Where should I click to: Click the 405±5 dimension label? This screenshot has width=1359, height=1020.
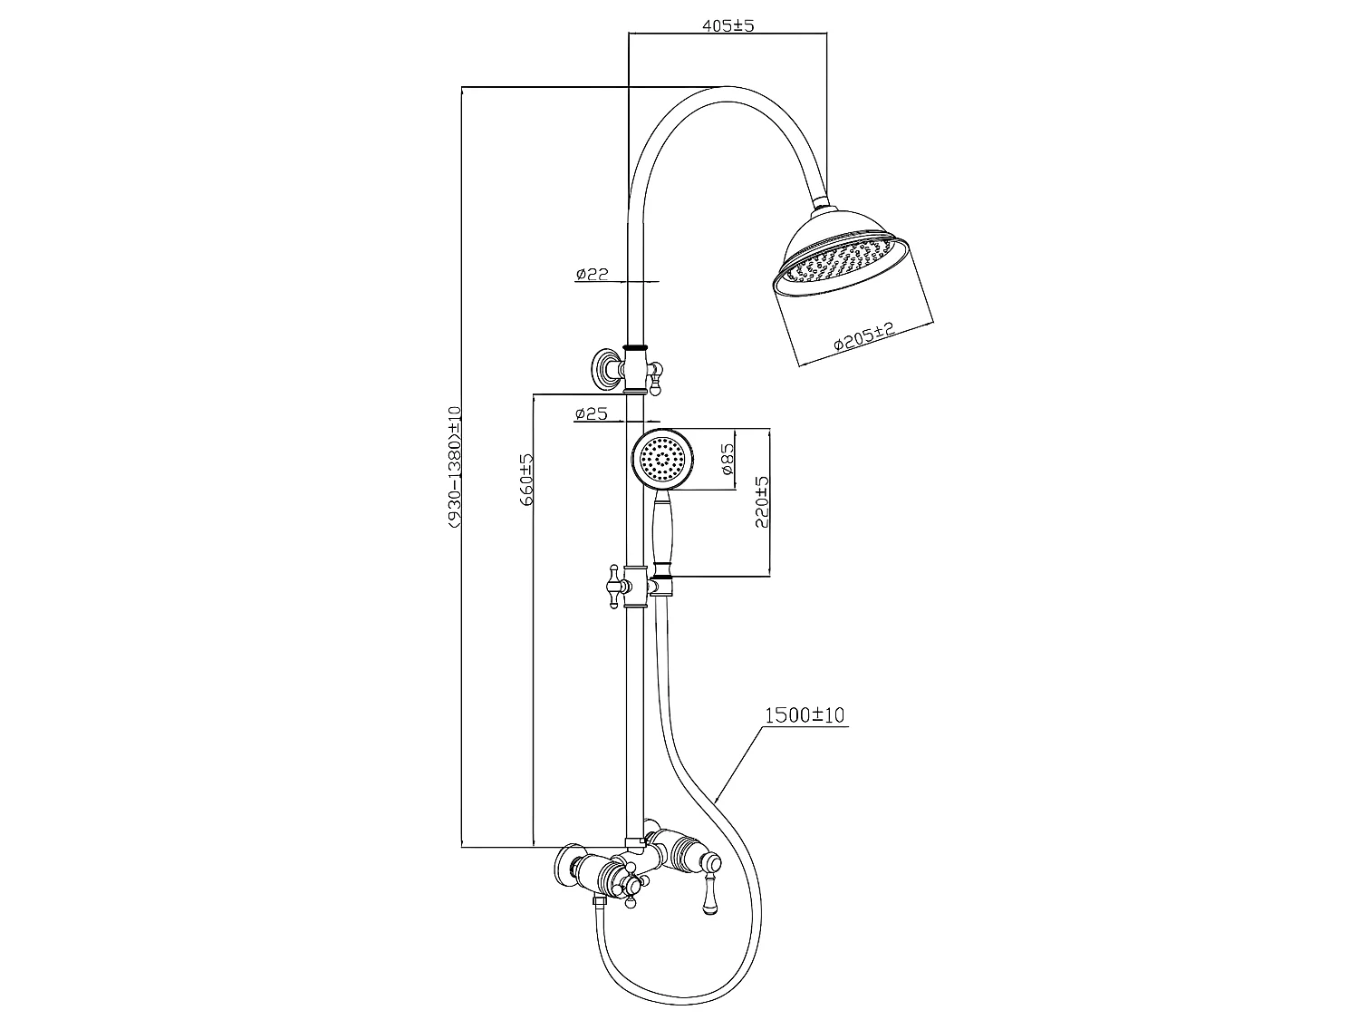[728, 26]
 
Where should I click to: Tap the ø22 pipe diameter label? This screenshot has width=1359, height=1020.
[591, 274]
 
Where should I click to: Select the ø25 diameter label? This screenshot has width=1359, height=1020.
[591, 414]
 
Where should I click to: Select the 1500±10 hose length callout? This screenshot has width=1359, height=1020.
[805, 715]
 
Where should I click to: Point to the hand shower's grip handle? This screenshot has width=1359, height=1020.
[661, 535]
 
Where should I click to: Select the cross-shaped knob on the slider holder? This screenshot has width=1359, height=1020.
[616, 586]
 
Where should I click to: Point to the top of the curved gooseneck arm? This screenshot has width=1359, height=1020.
[725, 88]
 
